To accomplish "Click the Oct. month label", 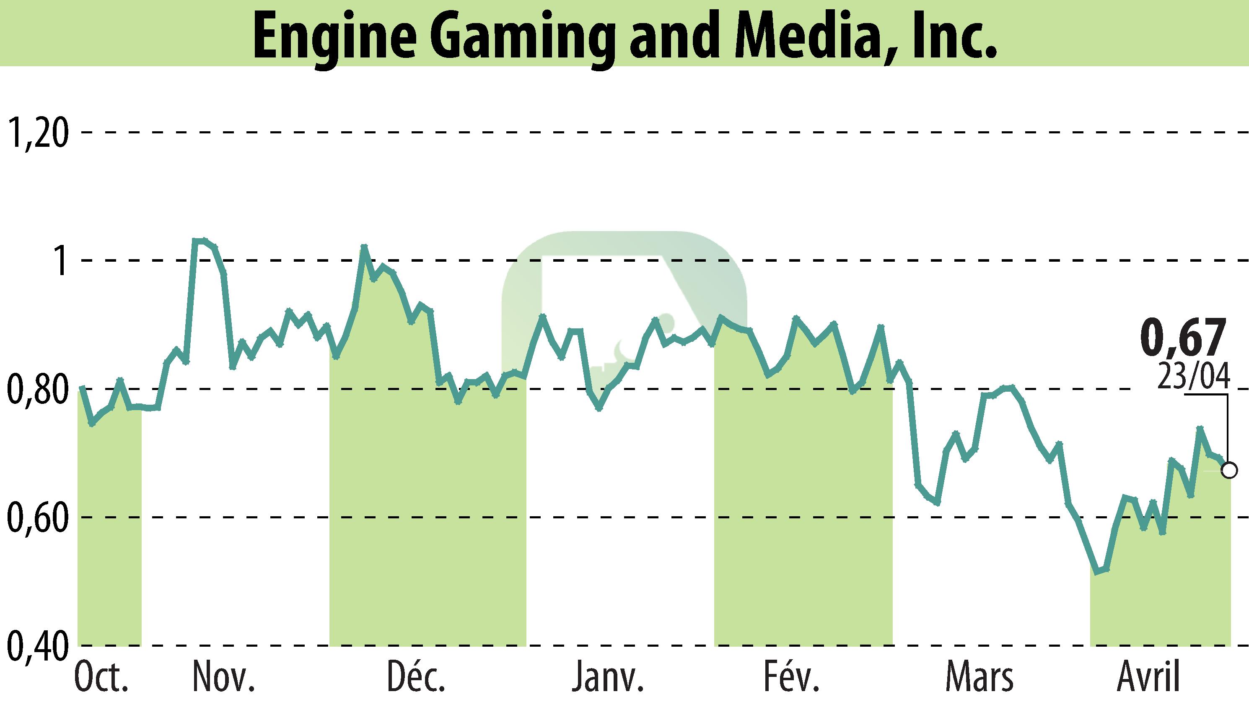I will point(101,677).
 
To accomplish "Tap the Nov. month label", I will point(224,677).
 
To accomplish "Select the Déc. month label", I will point(416,677).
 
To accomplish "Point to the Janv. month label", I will point(607,677).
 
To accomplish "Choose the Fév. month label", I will point(791,677).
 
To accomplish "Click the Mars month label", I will point(979,677).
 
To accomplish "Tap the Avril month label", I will point(1148,677).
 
